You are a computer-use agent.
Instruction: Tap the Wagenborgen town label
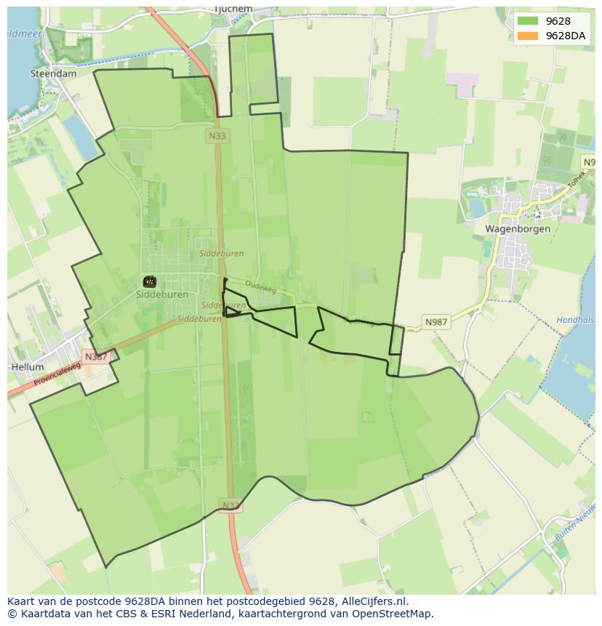point(514,228)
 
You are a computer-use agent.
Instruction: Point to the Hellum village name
point(28,367)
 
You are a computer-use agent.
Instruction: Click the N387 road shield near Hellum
point(95,356)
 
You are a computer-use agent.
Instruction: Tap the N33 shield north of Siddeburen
point(216,136)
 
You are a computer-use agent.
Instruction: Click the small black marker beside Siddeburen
point(149,281)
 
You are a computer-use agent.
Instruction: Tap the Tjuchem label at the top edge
point(233,9)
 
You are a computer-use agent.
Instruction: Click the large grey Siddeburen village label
point(162,294)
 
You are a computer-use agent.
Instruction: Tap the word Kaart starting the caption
point(22,601)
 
